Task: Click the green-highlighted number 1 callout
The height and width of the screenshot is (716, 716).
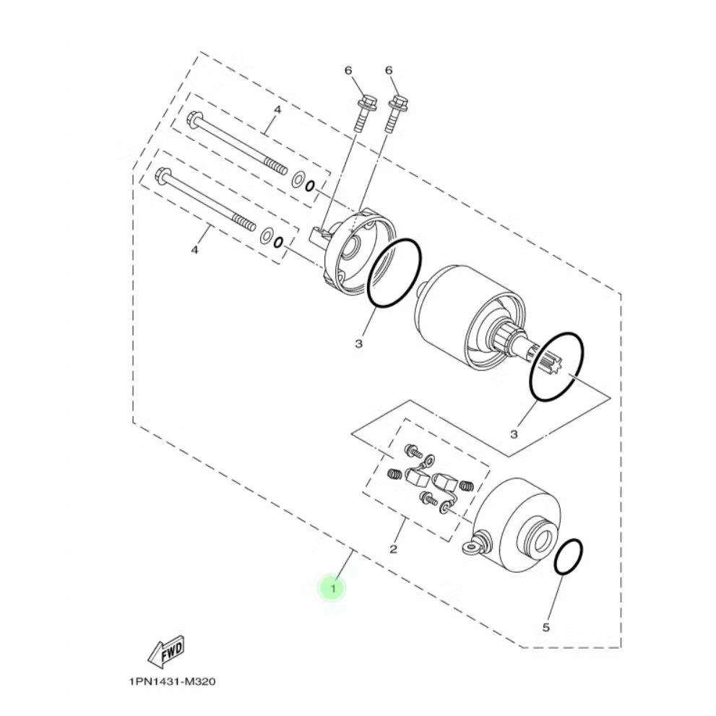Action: pyautogui.click(x=333, y=589)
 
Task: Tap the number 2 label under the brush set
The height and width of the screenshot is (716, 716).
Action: pyautogui.click(x=393, y=549)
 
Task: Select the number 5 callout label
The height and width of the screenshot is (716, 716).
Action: pyautogui.click(x=546, y=627)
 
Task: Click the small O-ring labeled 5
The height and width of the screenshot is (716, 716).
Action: pyautogui.click(x=569, y=557)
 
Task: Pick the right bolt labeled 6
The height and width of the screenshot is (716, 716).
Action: pyautogui.click(x=397, y=108)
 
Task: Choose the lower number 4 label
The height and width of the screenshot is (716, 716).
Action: pyautogui.click(x=194, y=250)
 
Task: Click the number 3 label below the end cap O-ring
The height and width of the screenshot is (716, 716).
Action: pyautogui.click(x=358, y=343)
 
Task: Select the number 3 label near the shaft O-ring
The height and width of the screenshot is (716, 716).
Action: pyautogui.click(x=514, y=434)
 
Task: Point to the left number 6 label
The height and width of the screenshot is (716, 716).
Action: pyautogui.click(x=348, y=70)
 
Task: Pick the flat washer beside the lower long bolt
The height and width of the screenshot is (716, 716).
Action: pyautogui.click(x=267, y=235)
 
